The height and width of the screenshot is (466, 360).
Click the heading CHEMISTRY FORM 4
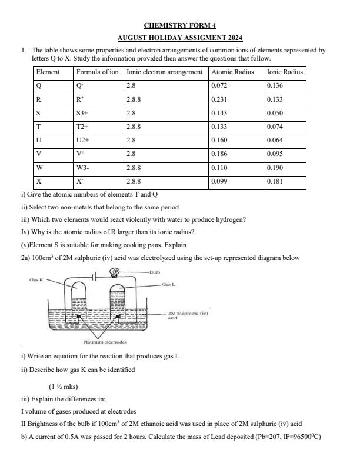tap(180, 25)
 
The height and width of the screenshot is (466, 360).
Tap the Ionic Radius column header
tap(285, 72)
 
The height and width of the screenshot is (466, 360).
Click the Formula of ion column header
tap(97, 72)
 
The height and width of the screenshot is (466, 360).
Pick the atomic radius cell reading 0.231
tap(219, 99)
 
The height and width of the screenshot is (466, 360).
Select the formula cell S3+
tap(83, 113)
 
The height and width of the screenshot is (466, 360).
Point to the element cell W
tap(39, 168)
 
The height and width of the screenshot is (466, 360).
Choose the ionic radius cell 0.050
tap(275, 113)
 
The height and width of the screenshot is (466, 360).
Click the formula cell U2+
tap(84, 141)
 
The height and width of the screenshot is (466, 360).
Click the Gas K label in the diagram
tap(36, 280)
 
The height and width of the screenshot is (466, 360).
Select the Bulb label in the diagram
tap(155, 272)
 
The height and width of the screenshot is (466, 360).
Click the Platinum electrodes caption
tap(105, 342)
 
